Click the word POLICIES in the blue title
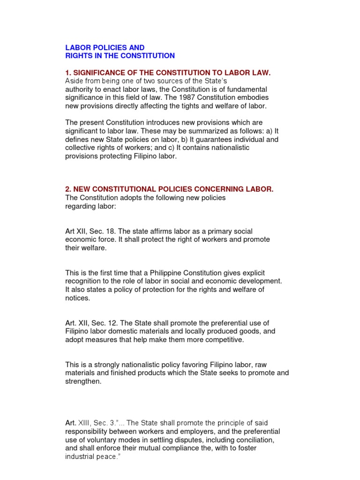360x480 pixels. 103,47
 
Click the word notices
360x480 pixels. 77,298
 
